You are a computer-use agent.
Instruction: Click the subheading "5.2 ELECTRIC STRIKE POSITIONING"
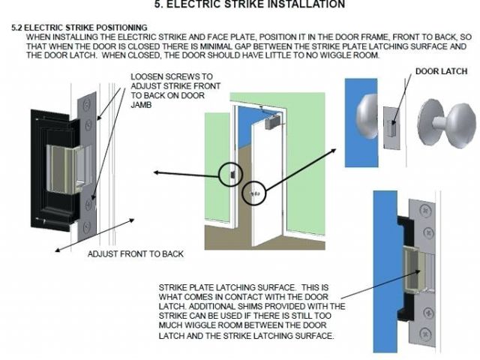(79, 28)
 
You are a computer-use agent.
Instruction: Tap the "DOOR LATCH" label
(439, 72)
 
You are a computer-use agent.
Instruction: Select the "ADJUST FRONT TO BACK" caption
(136, 254)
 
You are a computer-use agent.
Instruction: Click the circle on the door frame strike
(231, 174)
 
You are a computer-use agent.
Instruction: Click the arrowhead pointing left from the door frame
(154, 172)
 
